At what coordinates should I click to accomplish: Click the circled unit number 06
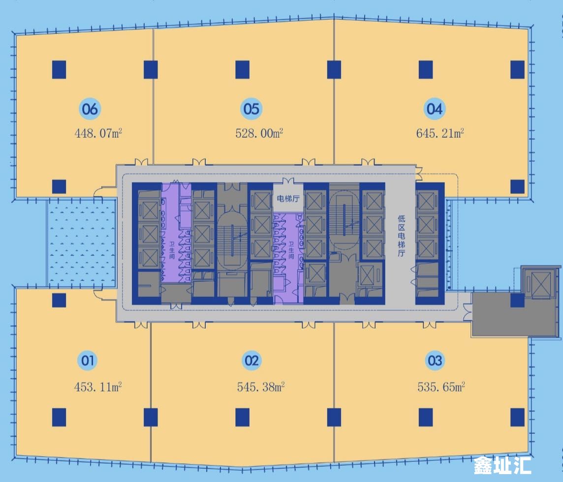(90, 109)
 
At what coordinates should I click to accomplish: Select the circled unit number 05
(251, 109)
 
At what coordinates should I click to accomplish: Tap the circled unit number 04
(435, 109)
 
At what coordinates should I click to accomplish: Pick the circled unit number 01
(87, 361)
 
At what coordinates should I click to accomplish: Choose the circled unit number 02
(251, 361)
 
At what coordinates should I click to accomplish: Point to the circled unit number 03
(435, 361)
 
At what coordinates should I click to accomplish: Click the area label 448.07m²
(98, 133)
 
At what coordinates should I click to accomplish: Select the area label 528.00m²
(259, 133)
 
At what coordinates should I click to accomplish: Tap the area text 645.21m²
(440, 133)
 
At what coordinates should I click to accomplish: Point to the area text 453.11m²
(97, 387)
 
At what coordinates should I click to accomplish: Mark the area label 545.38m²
(261, 387)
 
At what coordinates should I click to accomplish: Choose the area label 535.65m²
(441, 387)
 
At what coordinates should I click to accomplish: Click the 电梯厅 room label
(288, 199)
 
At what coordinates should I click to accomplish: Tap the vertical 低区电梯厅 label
(401, 236)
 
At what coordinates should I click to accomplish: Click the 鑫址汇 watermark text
(502, 465)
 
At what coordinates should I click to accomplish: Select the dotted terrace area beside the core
(82, 243)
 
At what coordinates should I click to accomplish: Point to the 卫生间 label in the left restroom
(172, 250)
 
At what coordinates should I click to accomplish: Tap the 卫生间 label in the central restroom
(291, 250)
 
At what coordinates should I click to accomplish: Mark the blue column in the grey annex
(517, 301)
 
